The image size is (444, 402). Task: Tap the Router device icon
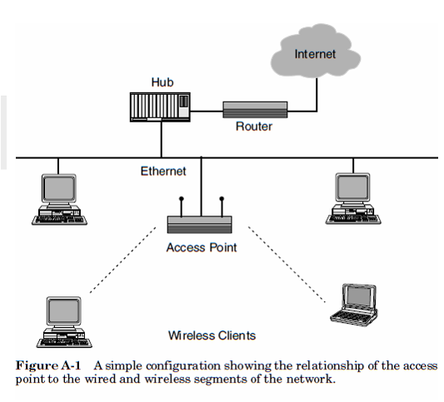[x=255, y=108]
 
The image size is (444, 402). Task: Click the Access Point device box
[x=201, y=225]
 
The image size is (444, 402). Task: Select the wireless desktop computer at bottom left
[x=62, y=321]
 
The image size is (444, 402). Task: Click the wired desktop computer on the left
[x=57, y=199]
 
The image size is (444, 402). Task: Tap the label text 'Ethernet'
[x=163, y=171]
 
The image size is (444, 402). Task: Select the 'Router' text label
[x=254, y=127]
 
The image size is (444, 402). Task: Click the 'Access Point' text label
[x=201, y=247]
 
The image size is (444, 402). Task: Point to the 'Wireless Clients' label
[x=212, y=335]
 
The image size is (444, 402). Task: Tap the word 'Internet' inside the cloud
[x=316, y=55]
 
